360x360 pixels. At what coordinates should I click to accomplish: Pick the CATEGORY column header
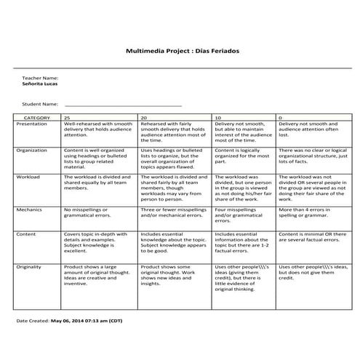point(37,117)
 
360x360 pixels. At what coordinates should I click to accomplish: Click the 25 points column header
point(68,117)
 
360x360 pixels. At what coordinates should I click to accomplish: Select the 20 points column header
point(144,117)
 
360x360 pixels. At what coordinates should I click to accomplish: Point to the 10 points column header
point(218,117)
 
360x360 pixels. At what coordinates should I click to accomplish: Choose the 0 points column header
point(281,117)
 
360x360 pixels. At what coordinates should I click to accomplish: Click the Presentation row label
point(31,124)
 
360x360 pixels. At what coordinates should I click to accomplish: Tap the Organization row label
point(32,150)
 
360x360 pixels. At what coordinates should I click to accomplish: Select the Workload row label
point(28,177)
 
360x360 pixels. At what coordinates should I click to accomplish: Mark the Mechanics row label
point(30,209)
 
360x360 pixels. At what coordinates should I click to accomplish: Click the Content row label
point(26,234)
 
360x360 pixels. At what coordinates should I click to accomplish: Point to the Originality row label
point(31,267)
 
